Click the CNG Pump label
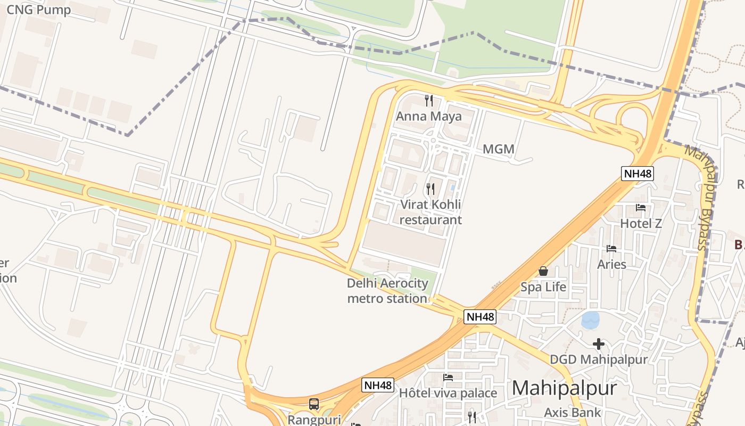(38, 10)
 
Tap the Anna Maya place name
(429, 116)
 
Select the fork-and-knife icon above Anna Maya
(429, 100)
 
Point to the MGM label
(499, 149)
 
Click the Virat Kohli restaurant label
(431, 212)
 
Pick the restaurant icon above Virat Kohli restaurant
(431, 189)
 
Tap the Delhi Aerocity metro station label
(387, 291)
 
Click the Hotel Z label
(641, 223)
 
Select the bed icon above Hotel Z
(641, 208)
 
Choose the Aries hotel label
(611, 264)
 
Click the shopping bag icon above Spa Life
(543, 271)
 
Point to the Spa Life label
(543, 287)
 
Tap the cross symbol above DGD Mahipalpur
(599, 344)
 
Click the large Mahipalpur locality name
(564, 388)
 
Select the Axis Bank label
(572, 412)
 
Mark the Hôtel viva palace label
(448, 394)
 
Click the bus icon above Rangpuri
(314, 404)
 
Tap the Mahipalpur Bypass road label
(698, 197)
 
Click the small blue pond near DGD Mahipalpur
(591, 320)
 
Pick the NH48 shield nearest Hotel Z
(637, 173)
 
